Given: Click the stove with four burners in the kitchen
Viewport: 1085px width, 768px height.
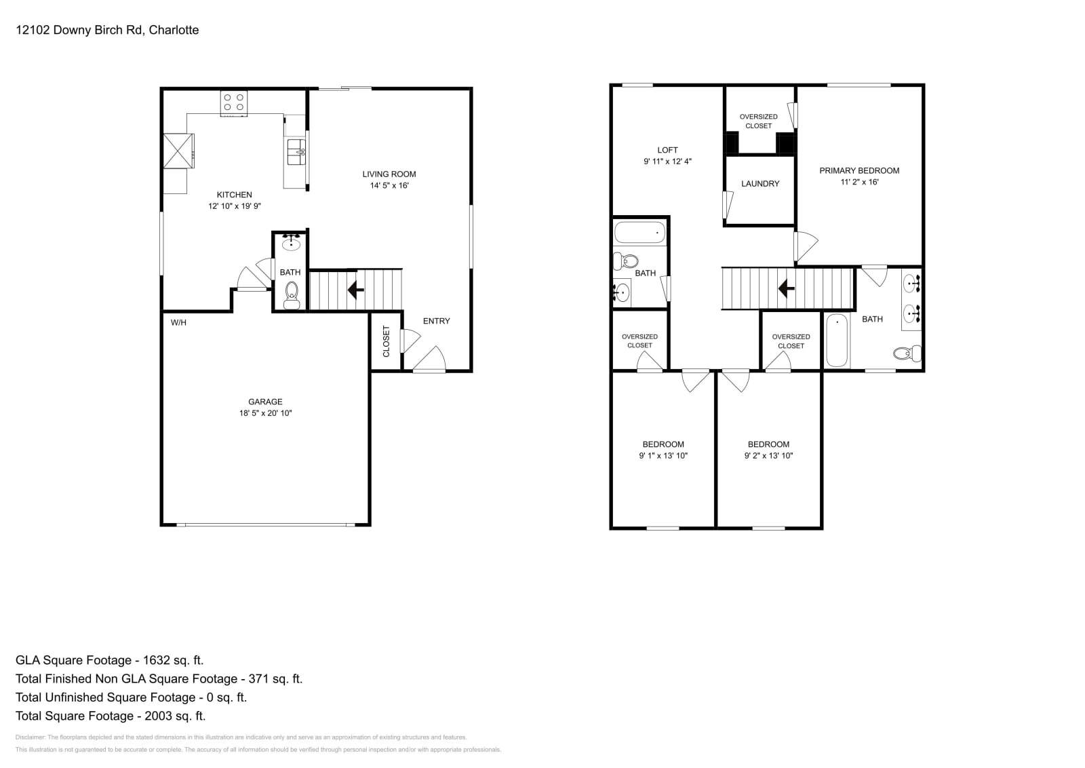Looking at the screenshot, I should point(233,102).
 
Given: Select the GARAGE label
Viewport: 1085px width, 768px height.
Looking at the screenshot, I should point(265,402).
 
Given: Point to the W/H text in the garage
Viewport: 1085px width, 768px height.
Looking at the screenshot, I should point(178,323).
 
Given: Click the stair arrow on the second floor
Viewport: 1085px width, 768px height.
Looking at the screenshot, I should point(786,289).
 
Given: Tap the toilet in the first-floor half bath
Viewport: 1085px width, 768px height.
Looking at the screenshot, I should point(292,294).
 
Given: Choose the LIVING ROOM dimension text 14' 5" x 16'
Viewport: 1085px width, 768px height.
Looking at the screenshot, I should point(389,185).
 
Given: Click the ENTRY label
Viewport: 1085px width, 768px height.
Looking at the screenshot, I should point(436,321).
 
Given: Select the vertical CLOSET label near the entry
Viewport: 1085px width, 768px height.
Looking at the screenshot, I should point(387,341).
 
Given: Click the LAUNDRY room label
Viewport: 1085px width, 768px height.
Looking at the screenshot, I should point(760,184).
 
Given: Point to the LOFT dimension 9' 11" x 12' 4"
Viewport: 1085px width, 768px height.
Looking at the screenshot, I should point(667,161).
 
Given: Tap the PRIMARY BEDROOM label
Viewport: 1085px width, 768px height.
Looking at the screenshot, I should point(859,171).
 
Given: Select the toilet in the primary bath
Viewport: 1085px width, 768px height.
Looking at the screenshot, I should point(907,353).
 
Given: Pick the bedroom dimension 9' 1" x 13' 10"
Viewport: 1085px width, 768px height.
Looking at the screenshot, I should point(663,456).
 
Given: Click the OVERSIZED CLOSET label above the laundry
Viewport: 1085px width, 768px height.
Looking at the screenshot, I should point(758,121).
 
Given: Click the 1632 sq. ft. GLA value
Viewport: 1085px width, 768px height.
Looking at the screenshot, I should point(169,660).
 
